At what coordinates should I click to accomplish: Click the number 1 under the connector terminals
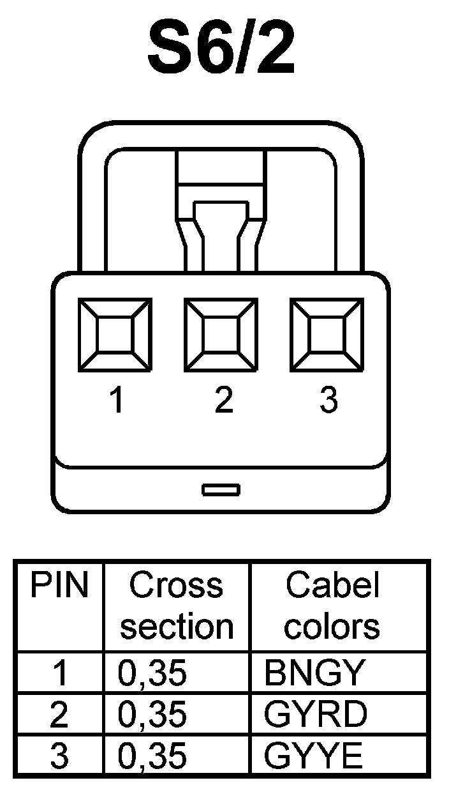117,400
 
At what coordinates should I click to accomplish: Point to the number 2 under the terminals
223,400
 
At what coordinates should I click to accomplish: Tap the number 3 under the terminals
328,400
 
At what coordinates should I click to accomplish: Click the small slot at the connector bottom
221,489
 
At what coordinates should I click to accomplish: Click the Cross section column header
177,606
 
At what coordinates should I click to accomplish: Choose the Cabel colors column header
332,606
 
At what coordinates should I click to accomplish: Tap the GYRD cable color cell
315,715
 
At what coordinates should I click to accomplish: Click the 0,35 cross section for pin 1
152,673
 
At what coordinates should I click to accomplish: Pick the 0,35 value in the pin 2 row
152,715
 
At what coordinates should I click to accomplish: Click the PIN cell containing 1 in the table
60,673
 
